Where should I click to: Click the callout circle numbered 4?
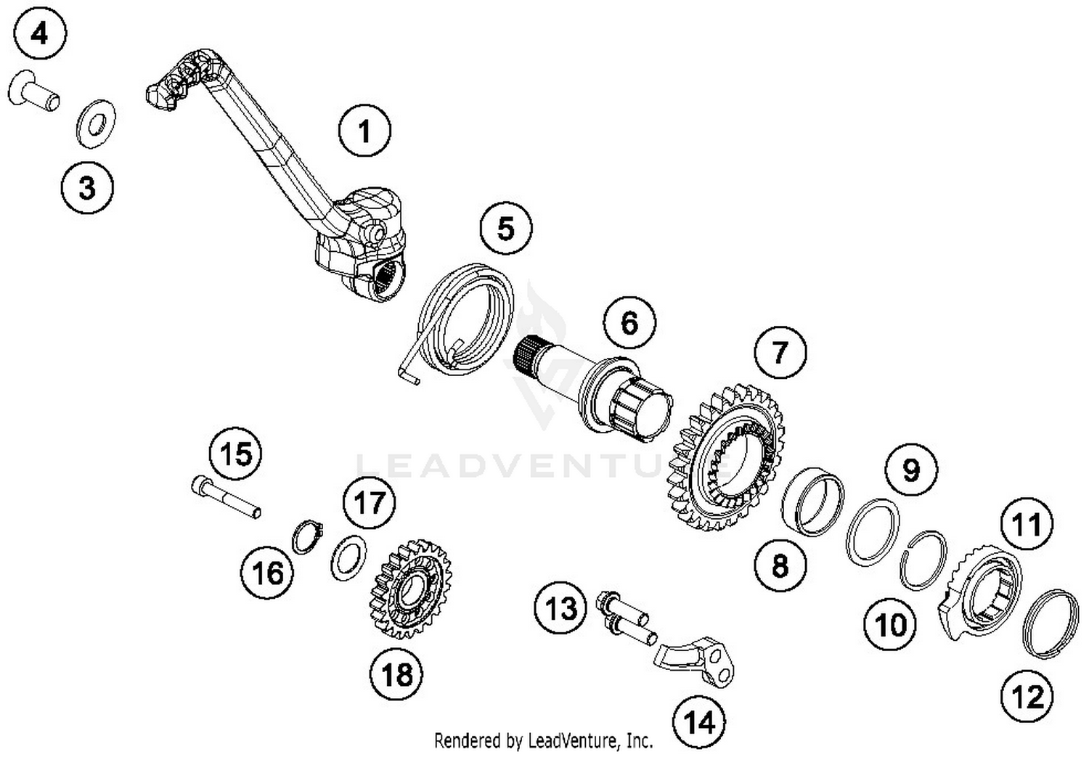(39, 33)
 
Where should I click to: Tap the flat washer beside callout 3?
(96, 120)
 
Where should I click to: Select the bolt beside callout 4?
(34, 94)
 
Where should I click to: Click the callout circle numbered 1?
(364, 131)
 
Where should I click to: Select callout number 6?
(629, 322)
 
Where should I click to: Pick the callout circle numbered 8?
(780, 565)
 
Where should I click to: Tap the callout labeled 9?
(910, 470)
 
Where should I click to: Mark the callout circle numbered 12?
(1027, 696)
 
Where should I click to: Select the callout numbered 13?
(560, 608)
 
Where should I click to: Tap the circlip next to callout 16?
(306, 537)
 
